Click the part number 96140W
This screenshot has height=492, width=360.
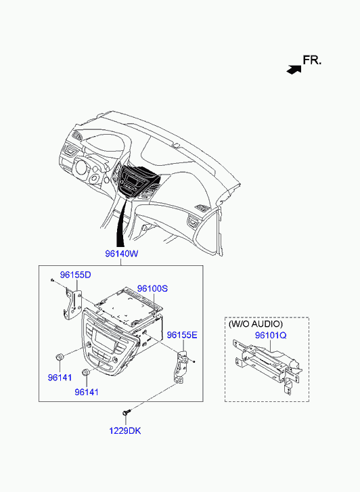[121, 254]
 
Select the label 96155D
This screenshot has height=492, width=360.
[76, 275]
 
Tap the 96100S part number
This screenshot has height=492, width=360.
[152, 288]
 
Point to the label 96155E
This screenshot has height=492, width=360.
[182, 335]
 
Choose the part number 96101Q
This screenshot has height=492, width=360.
[271, 336]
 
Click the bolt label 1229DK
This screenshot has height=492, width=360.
[125, 431]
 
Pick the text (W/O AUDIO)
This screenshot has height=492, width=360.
[256, 323]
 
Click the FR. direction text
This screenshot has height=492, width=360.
[312, 60]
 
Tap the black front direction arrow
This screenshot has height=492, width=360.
[294, 70]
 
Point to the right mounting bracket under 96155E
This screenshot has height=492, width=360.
[180, 367]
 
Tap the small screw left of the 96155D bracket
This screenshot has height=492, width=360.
[52, 279]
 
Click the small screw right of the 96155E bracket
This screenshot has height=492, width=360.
[194, 362]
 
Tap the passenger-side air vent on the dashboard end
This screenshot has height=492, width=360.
[194, 221]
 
